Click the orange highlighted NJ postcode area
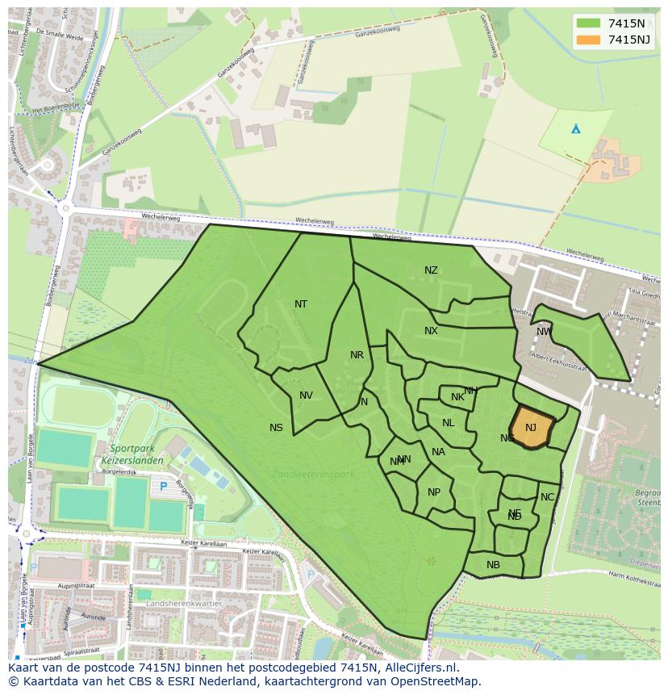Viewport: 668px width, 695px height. point(532,427)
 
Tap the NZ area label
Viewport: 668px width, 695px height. point(431,270)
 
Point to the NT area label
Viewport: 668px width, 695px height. point(301,304)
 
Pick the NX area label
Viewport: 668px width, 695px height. point(431,331)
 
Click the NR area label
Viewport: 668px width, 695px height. point(357,355)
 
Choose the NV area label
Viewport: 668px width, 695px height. point(306,396)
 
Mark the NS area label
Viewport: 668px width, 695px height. point(276,428)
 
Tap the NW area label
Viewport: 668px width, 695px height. point(544,332)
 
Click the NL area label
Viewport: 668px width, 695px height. point(448,423)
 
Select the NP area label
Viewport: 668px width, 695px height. point(434,492)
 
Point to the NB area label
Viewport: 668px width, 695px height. point(493,565)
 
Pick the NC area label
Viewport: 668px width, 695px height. point(547,497)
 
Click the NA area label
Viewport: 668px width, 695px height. point(438,452)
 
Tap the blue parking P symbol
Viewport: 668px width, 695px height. point(164,487)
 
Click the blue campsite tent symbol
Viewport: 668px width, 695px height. point(575,129)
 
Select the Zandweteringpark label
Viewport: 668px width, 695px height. point(313,474)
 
